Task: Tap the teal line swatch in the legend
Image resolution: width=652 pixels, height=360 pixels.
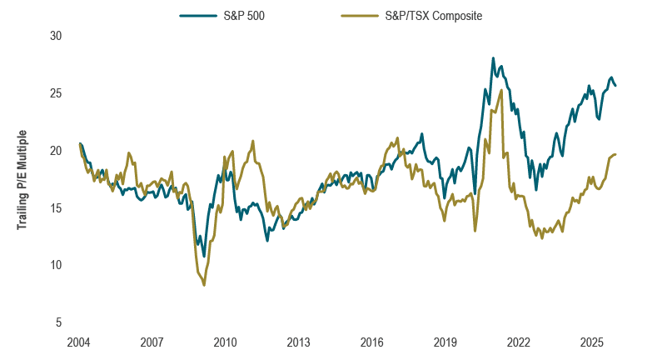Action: [197, 15]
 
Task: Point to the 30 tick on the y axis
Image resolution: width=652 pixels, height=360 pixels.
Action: [57, 36]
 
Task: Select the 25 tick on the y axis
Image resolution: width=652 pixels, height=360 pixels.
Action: [57, 93]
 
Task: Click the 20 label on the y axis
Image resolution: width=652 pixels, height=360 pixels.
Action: [57, 151]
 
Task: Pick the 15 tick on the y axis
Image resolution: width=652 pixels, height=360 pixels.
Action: [57, 207]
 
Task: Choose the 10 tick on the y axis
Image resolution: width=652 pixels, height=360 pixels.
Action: [57, 265]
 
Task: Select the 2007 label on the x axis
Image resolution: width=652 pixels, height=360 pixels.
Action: [151, 342]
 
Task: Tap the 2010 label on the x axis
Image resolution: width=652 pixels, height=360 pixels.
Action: [225, 342]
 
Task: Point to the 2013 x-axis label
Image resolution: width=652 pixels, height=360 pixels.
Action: [298, 342]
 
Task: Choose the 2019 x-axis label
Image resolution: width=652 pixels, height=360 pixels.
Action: [445, 342]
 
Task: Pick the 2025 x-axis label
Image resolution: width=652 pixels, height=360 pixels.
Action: [592, 342]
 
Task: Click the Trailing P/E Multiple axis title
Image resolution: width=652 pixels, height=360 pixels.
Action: [22, 179]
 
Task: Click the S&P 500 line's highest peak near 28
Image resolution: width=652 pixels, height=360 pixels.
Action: [493, 58]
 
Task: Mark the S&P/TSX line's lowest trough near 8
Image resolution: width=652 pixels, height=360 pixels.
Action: [204, 285]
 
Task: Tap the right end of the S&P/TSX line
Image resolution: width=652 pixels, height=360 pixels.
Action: [615, 154]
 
